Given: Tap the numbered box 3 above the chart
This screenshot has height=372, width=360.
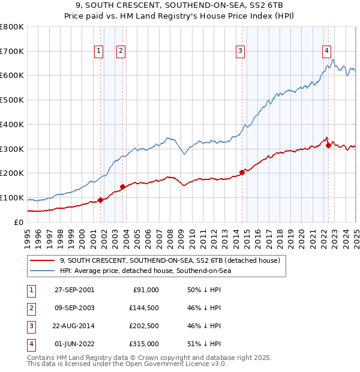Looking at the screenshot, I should [x=240, y=52].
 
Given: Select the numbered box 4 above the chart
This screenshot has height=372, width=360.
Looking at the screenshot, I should [x=327, y=52].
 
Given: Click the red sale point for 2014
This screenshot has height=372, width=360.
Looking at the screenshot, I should [x=242, y=172].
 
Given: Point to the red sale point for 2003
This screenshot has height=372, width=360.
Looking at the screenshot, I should [x=122, y=187].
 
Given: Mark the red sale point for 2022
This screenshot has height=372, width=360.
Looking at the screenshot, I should [x=328, y=145].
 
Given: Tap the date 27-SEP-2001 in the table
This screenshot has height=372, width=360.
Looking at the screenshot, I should [x=74, y=290].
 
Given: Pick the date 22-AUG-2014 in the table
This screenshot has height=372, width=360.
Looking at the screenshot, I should [x=74, y=326].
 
